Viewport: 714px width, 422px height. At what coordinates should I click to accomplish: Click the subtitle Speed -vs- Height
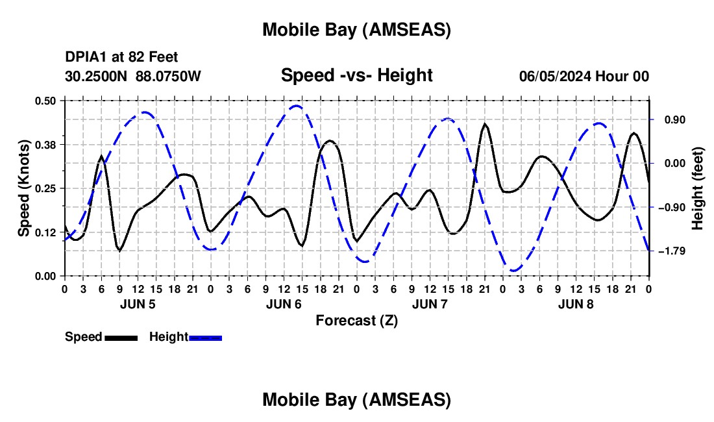(x=356, y=75)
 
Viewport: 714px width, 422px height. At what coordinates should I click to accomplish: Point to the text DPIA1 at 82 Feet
(x=121, y=58)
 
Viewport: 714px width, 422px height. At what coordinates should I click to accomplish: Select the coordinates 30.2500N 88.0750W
(x=133, y=76)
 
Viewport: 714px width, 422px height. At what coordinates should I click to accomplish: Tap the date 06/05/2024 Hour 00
(x=584, y=76)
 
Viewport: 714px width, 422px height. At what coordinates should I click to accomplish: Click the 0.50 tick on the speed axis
(x=45, y=101)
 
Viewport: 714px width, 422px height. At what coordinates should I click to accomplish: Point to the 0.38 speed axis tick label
(x=45, y=144)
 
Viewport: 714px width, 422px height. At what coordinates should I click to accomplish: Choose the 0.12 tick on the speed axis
(x=45, y=232)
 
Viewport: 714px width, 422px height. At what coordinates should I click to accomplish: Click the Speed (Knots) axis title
(x=24, y=188)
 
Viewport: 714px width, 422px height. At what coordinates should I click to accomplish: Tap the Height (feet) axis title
(x=698, y=188)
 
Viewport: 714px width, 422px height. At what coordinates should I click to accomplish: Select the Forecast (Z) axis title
(x=356, y=320)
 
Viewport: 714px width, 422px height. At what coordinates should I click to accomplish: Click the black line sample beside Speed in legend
(x=121, y=338)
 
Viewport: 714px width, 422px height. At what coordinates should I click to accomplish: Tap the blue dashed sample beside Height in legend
(x=206, y=338)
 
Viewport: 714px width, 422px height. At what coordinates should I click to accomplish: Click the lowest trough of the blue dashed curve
(x=514, y=270)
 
